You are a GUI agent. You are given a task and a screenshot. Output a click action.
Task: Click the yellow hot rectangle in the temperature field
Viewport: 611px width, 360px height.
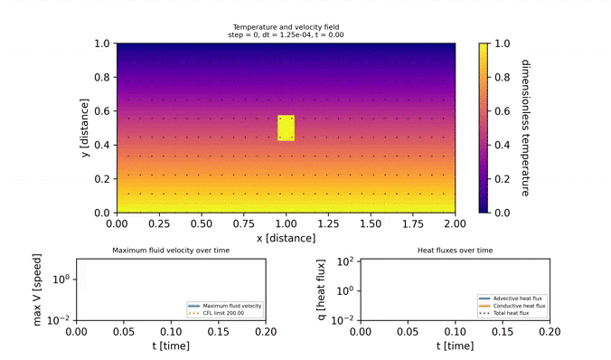[286, 128]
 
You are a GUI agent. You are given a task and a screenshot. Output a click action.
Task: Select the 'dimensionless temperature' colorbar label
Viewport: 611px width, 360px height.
[525, 128]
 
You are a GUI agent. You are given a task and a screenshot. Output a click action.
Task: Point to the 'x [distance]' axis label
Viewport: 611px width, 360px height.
[286, 238]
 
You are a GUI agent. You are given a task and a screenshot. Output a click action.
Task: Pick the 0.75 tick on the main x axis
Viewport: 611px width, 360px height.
[243, 223]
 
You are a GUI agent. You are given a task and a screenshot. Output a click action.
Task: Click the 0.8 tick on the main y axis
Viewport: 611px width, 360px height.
[101, 77]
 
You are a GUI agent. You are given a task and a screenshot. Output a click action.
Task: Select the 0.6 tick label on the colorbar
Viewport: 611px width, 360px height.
[502, 110]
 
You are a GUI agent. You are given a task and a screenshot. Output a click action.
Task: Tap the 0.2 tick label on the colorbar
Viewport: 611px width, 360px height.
[502, 178]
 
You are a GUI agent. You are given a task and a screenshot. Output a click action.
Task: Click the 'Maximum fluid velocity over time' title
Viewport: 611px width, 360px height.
[171, 250]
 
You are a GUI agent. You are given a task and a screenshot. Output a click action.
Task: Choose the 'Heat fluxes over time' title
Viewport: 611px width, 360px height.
[455, 250]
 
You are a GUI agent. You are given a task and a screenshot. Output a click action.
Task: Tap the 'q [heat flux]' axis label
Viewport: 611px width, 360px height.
[320, 289]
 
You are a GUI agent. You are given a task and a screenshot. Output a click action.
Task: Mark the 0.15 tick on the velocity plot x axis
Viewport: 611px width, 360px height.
[218, 331]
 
